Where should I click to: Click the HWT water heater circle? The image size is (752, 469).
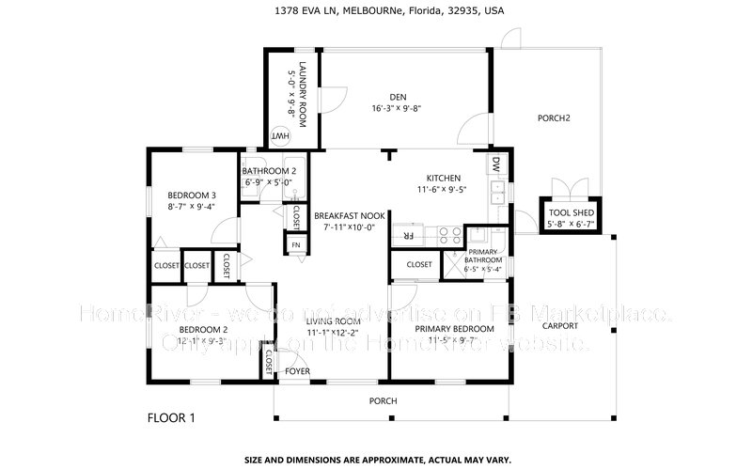pos(280,136)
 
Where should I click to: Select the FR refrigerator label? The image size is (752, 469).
pos(408,234)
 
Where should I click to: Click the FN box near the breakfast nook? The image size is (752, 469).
pos(295,245)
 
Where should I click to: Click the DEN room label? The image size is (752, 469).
pos(398,96)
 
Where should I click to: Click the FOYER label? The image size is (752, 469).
pos(298,370)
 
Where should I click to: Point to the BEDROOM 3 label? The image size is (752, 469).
pos(179,195)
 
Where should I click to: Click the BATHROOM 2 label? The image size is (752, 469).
pos(269,171)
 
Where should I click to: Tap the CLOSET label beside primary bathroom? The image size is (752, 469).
pos(419,265)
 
